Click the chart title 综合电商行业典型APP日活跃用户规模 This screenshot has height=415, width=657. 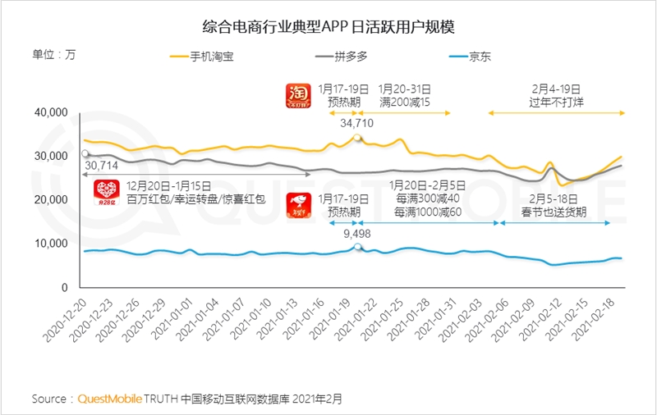[328, 26]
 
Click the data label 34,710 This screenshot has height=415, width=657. [357, 122]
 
